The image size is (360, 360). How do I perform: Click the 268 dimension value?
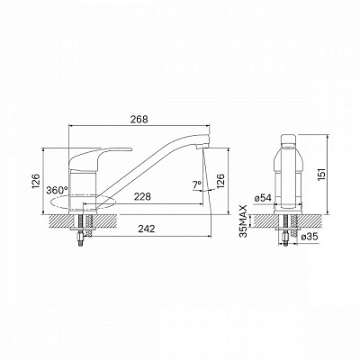tap(139, 119)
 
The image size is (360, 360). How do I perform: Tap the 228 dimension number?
tap(142, 197)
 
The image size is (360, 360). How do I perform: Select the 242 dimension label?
tap(147, 229)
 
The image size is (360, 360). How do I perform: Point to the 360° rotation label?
tap(58, 190)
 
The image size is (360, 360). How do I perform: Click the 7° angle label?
tap(197, 185)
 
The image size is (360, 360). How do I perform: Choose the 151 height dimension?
tap(321, 175)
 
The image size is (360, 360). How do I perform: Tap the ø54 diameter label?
tap(263, 198)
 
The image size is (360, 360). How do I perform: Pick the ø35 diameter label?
tap(309, 237)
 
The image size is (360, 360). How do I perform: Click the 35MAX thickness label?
tap(244, 221)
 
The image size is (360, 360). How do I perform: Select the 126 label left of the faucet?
tap(35, 181)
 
